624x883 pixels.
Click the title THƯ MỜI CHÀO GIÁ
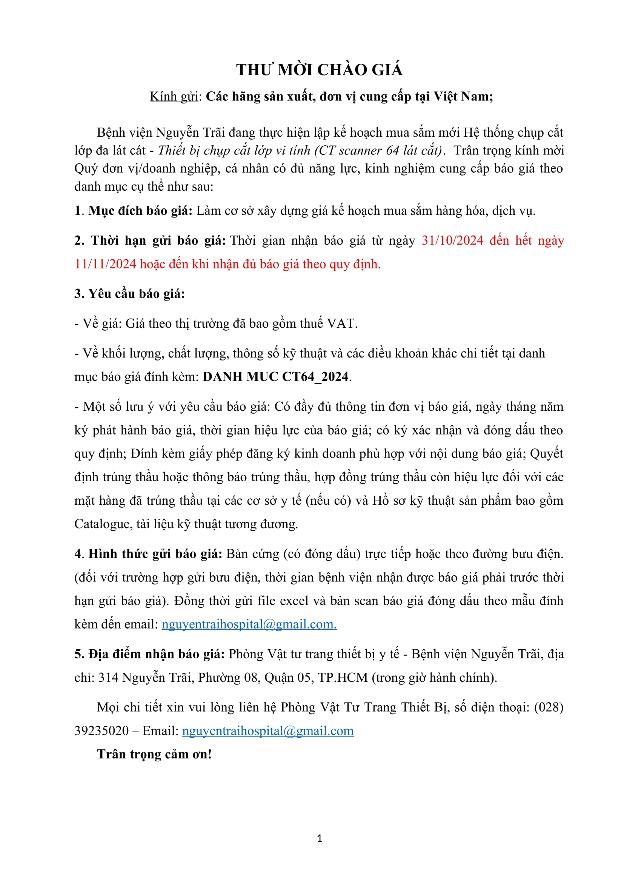(x=319, y=70)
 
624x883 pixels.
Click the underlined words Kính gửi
(x=174, y=97)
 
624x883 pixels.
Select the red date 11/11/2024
(x=105, y=264)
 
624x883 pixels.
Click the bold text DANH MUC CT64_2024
(x=276, y=376)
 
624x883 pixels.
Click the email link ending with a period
(x=249, y=624)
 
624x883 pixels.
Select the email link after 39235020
(x=268, y=731)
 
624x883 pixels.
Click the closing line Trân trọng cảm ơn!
(x=154, y=754)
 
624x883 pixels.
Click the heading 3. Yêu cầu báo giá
(x=130, y=294)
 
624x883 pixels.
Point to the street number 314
(x=108, y=677)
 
